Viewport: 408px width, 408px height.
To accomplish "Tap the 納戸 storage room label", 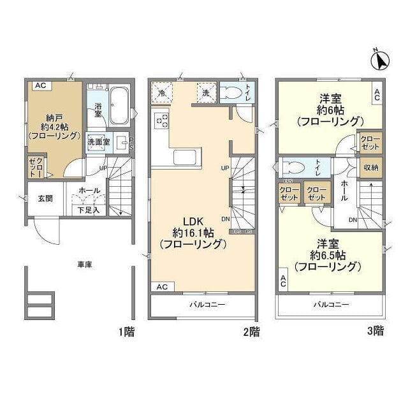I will tap(54, 117).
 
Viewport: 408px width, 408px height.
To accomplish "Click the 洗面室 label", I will tap(99, 142).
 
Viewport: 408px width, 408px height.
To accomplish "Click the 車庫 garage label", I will tap(85, 264).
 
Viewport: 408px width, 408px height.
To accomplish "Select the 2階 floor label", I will tap(251, 331).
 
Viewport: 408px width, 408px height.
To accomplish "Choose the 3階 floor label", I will tap(375, 331).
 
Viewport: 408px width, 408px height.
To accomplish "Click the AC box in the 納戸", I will tap(40, 85).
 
